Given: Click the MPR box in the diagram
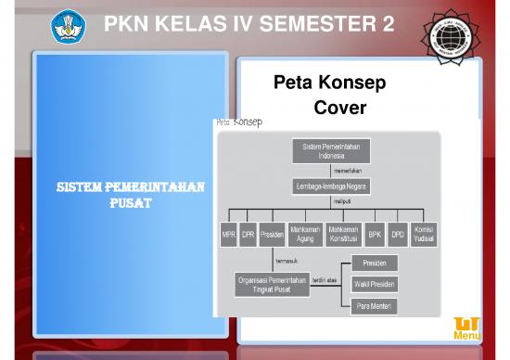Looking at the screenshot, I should pyautogui.click(x=228, y=235).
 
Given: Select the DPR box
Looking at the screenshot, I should pyautogui.click(x=248, y=235).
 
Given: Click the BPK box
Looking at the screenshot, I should pyautogui.click(x=375, y=235).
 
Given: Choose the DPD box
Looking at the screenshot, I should pyautogui.click(x=397, y=235).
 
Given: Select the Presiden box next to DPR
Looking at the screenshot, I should pyautogui.click(x=272, y=235).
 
